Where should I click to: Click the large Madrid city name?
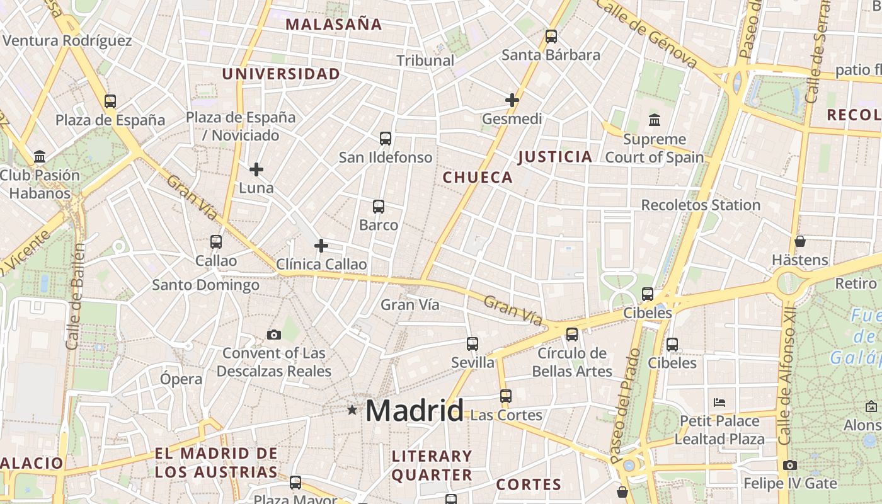tap(415, 411)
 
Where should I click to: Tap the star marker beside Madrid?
tap(352, 410)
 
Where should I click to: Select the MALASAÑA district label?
tap(333, 25)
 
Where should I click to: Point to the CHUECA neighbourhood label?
tap(478, 178)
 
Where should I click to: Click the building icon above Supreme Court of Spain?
tap(655, 120)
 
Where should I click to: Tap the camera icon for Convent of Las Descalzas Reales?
tap(273, 335)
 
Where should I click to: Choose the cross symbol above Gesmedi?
tap(512, 100)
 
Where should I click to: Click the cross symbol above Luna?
tap(256, 169)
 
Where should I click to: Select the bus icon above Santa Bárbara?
tap(551, 37)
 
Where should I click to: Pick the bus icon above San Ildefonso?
tap(386, 139)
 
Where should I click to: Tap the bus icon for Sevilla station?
tap(472, 343)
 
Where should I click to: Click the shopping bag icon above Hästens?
tap(799, 241)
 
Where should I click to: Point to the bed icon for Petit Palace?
tap(719, 402)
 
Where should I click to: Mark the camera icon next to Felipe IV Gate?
tap(790, 465)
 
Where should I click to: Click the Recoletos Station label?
tap(701, 205)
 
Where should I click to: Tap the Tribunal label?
tap(425, 60)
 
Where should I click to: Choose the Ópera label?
tap(181, 379)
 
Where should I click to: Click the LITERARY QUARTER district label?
tap(432, 466)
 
